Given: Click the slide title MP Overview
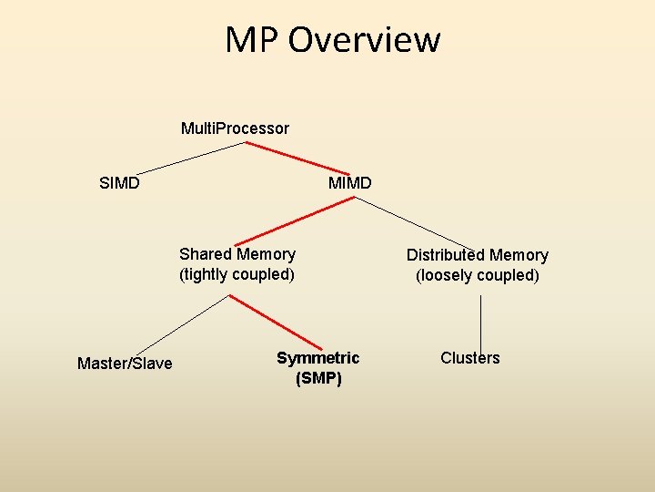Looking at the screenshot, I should click(x=333, y=39).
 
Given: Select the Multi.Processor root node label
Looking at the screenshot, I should click(x=235, y=128).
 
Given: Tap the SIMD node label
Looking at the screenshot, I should click(x=119, y=183).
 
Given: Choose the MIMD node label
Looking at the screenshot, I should click(x=350, y=183).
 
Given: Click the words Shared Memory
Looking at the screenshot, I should click(x=237, y=254).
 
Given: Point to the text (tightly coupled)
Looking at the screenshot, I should click(x=237, y=274).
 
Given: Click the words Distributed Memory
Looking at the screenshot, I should click(x=478, y=255).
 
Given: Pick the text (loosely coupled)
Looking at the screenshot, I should click(x=478, y=275).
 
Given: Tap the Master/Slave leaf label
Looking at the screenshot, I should click(x=125, y=364).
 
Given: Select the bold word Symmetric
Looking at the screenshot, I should click(x=318, y=358).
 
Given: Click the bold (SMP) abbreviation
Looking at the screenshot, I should click(x=318, y=378).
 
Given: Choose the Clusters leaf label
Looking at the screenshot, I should click(x=470, y=358).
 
